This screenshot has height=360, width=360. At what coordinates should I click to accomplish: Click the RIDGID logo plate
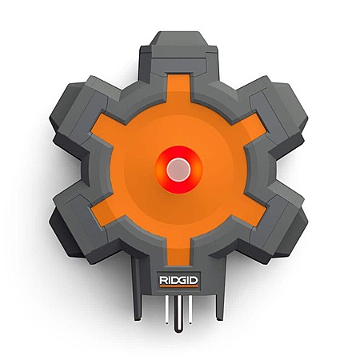(x=178, y=280)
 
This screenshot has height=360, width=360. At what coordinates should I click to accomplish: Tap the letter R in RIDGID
(x=163, y=280)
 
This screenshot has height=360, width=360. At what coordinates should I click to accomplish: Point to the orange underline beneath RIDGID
(x=178, y=286)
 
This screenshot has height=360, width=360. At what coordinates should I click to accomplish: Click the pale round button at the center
(x=178, y=170)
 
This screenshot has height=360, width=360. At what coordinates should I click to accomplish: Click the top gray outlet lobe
(x=178, y=54)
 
